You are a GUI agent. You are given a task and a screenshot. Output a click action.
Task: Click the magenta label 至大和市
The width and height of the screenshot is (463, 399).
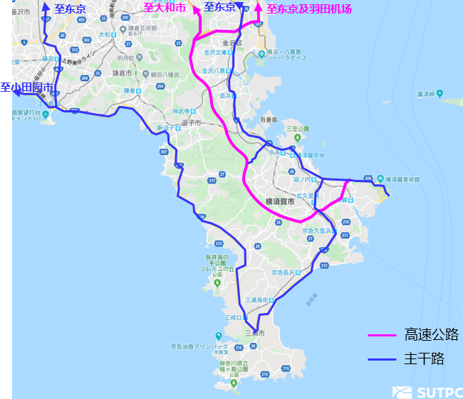tap(165, 8)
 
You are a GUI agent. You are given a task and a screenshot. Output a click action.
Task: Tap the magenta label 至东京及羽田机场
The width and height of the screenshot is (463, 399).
tap(309, 9)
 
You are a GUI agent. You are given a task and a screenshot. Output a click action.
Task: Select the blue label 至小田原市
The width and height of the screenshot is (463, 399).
tap(26, 87)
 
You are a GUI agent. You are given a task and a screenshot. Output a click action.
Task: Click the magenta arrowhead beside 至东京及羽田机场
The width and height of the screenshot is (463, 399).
tap(258, 8)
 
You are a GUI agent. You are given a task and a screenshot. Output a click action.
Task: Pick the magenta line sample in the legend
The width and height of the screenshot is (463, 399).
tap(382, 335)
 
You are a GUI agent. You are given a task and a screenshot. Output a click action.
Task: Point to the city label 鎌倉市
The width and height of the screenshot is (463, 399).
tap(123, 73)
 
